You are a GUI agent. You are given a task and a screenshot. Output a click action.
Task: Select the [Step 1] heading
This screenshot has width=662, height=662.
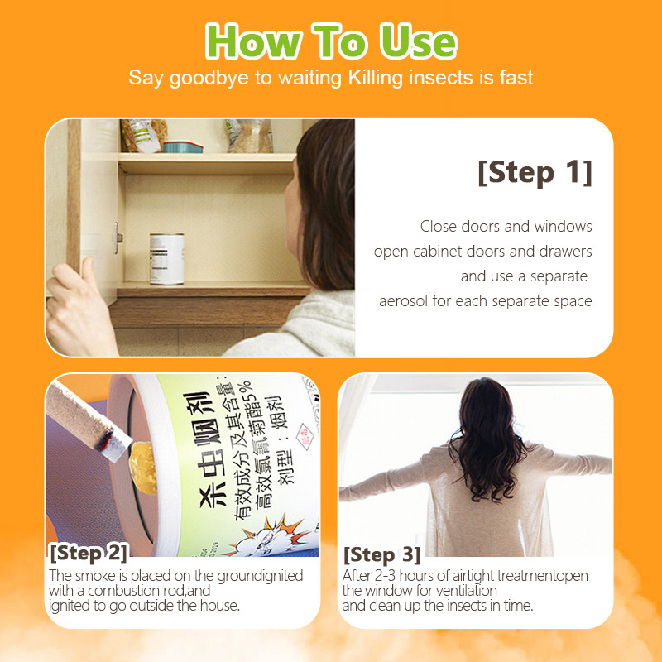(x=535, y=172)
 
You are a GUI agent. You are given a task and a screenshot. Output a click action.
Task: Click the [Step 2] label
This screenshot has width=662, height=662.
(x=89, y=553)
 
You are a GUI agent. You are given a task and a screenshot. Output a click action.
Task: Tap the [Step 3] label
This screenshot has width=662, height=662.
(x=381, y=554)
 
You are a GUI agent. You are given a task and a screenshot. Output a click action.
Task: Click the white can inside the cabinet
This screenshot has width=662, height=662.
(x=167, y=258)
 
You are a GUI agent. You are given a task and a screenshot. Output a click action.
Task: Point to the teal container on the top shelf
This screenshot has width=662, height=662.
(x=183, y=147)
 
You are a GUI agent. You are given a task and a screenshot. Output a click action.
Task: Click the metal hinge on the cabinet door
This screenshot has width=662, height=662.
(x=118, y=238)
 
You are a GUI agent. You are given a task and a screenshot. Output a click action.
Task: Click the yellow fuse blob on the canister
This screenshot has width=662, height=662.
(x=142, y=468)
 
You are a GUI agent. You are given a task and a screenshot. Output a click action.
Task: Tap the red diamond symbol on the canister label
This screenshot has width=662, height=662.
(x=304, y=437)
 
